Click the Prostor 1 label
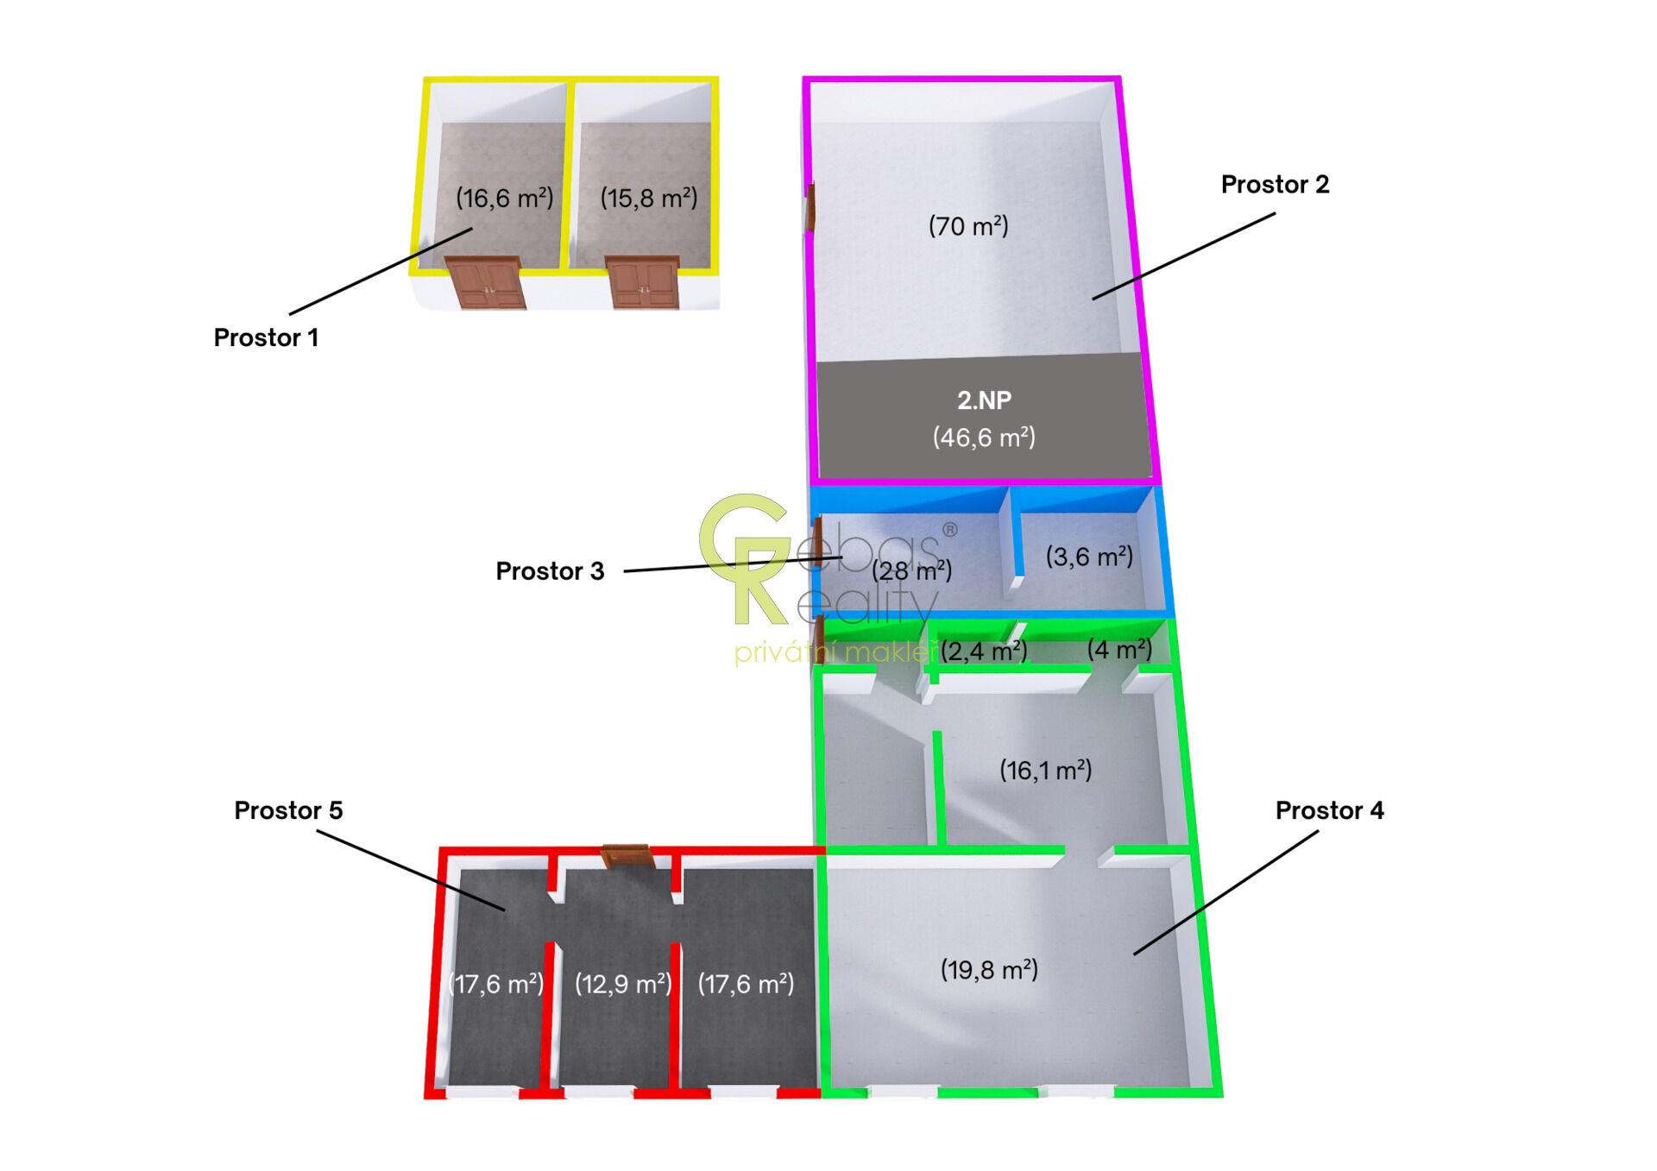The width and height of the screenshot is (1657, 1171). coord(266,337)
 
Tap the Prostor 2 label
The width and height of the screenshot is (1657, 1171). coord(1274,185)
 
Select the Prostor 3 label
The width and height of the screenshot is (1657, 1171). coord(550,571)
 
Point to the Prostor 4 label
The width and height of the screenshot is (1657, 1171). coord(1329,810)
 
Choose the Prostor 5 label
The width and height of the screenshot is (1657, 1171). coord(288,810)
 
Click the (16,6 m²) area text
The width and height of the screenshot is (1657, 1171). coord(504,198)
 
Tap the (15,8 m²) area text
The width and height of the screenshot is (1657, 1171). coord(648,198)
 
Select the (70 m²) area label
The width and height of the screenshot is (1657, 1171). coord(968,226)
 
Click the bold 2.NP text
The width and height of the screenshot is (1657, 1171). coord(984,400)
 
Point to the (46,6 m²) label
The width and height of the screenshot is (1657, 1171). coord(984,438)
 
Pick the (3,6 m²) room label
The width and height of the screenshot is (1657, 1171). coord(1089,557)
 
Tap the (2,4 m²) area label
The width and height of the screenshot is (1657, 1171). coord(984,651)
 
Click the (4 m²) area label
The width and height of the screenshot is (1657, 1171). coord(1119,649)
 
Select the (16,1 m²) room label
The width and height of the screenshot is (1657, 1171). coord(1045,770)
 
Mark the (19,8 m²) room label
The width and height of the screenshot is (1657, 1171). coord(989,970)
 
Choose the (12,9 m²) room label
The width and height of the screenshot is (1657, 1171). coord(623,984)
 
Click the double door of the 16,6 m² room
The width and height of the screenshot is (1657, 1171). coord(486,282)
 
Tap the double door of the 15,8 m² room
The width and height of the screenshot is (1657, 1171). coord(644,282)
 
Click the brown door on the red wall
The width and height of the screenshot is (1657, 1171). coord(626,855)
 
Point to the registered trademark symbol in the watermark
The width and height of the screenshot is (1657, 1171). coord(949,529)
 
